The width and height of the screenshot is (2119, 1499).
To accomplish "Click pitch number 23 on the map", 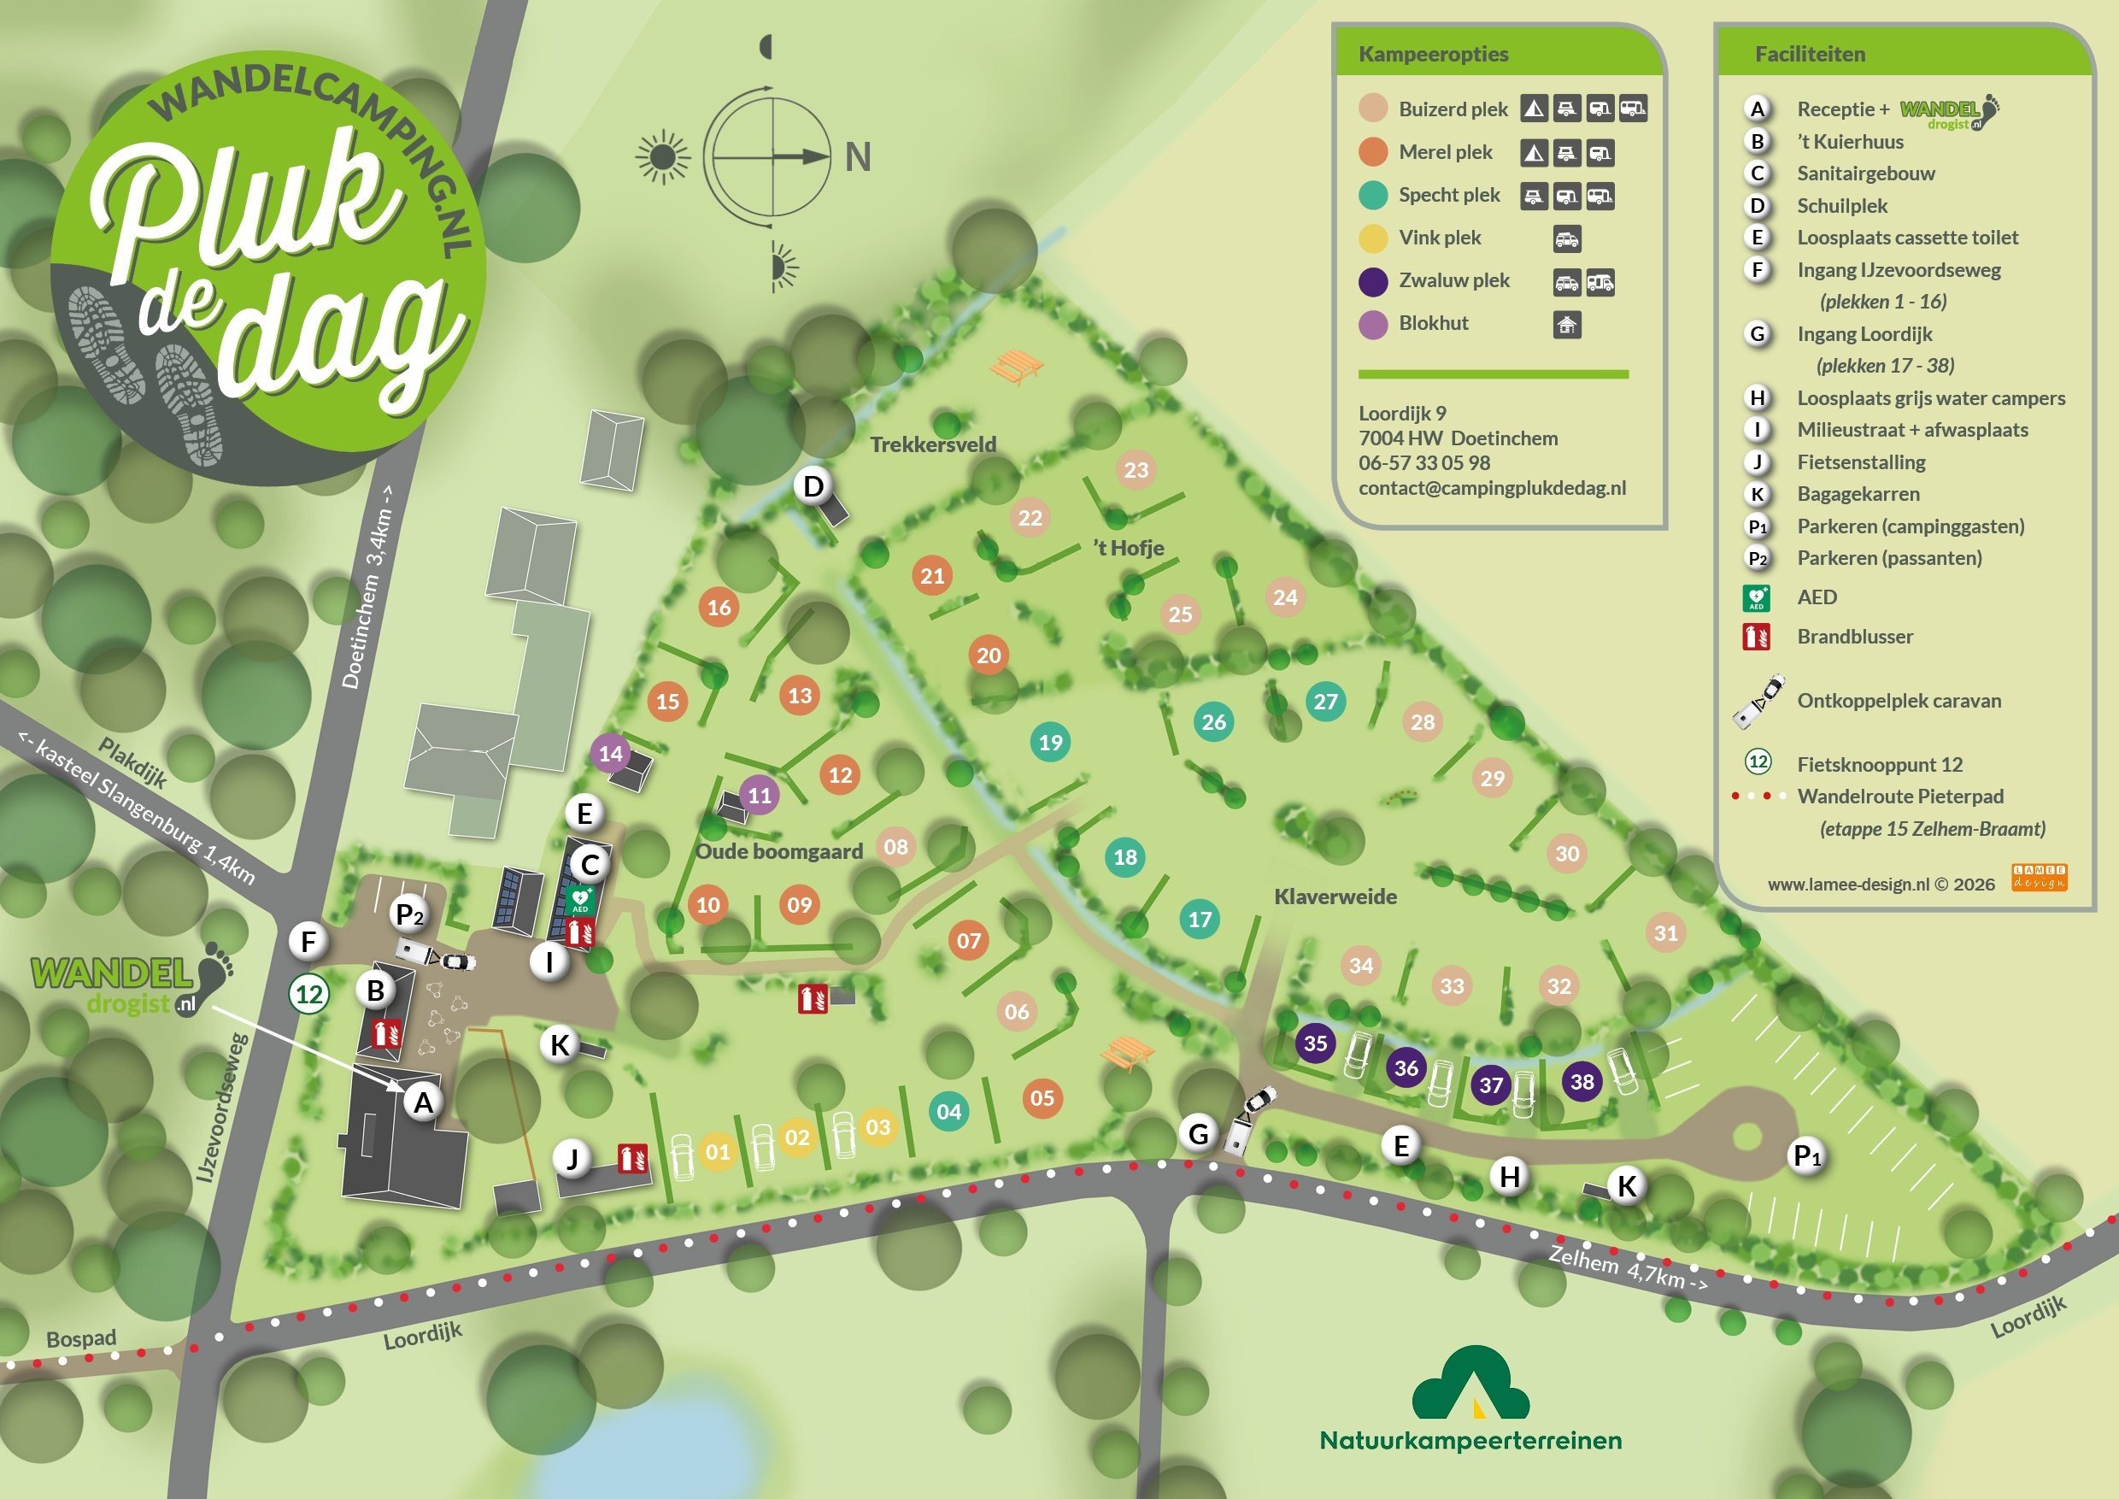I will pos(1136,470).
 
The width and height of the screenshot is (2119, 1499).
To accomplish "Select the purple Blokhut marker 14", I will pos(610,753).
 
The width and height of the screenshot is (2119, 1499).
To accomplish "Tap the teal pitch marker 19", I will pos(1050,742).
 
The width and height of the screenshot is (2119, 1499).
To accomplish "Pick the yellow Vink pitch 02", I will pos(796,1137).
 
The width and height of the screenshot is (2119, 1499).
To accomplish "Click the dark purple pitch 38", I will pos(1582,1082).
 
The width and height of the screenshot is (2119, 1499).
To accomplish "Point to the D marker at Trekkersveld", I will pos(813,485).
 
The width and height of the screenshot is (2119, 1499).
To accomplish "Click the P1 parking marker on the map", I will pos(1806,1155).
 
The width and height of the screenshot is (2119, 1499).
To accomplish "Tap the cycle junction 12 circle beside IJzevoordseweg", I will pos(308,994).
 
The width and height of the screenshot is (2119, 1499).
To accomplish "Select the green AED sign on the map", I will pos(580,899).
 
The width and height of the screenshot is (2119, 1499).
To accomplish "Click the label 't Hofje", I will pos(1128,549).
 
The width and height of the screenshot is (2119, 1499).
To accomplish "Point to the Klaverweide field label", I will pos(1335,896).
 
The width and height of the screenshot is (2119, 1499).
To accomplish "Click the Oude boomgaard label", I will pos(779,851).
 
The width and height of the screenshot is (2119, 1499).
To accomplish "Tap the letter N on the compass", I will pos(857,157).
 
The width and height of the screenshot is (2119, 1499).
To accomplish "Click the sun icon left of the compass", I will pos(661,158).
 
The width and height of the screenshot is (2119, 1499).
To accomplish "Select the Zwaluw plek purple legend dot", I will pos(1372,280).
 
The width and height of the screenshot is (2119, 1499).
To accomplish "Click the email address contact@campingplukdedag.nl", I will pos(1492,488).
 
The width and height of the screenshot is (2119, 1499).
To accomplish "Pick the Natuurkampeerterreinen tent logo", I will pos(1470,1384).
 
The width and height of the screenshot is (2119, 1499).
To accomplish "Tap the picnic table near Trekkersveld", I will pos(1016,367).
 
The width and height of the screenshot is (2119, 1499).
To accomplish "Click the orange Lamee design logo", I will pos(2039,877).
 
